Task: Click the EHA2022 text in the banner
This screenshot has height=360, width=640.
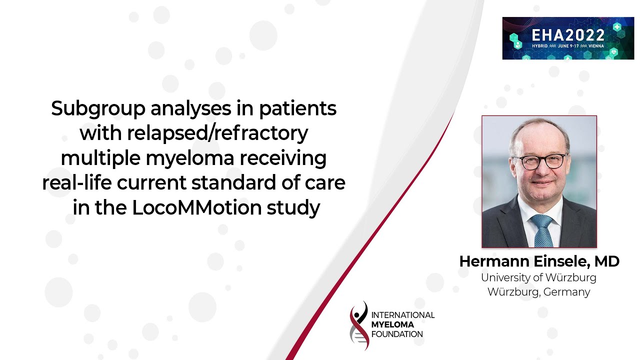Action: click(567, 34)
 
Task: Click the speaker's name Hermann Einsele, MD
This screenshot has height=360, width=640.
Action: click(539, 261)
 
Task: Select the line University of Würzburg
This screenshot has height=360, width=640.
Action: click(539, 277)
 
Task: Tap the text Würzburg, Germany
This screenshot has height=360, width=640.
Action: click(539, 292)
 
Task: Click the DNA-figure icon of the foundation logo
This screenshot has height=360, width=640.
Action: click(359, 325)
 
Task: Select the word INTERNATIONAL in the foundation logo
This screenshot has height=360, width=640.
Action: click(403, 315)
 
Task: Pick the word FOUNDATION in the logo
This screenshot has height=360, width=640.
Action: click(397, 334)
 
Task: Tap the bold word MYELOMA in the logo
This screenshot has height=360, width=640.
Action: click(392, 324)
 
